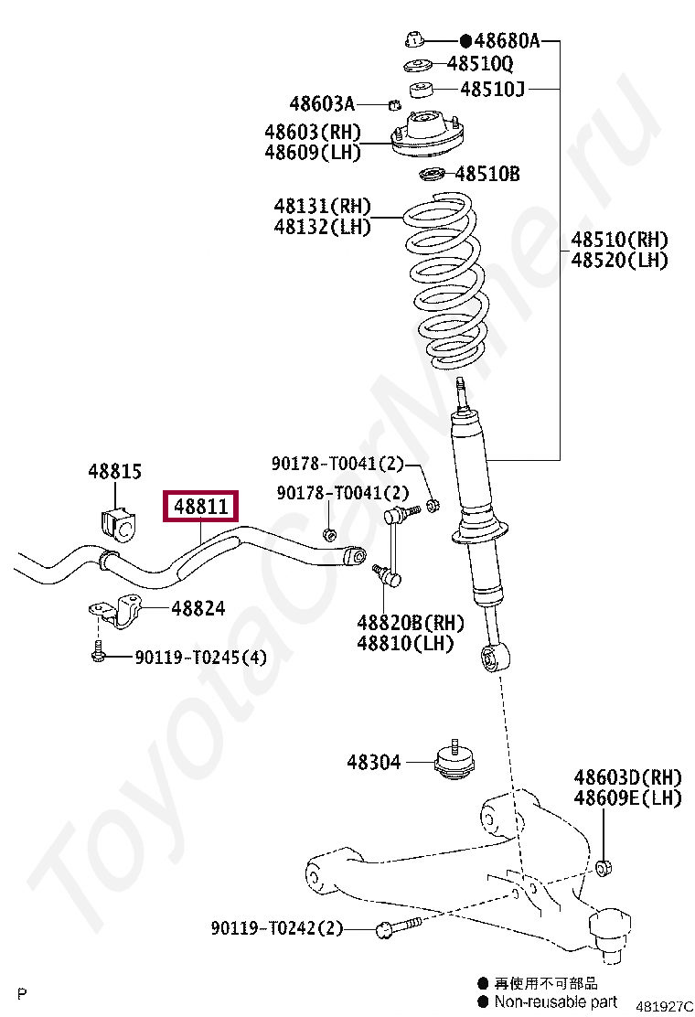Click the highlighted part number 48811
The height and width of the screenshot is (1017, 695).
pos(200,506)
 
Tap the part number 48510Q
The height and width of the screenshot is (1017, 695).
pos(479,64)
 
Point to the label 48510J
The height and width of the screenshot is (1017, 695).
pos(492,89)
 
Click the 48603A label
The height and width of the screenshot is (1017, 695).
pos(322,103)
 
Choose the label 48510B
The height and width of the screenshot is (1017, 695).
pos(487,173)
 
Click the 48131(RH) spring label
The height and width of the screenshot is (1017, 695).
pos(323,207)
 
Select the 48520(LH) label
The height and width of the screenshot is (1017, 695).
pos(620,261)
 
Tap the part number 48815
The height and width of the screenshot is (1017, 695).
pos(115,472)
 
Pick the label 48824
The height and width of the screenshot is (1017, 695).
pos(198,608)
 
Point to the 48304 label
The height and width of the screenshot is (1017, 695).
pos(373,761)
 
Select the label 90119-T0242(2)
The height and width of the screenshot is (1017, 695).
pos(276,928)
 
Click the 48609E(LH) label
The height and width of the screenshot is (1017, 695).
pos(627,798)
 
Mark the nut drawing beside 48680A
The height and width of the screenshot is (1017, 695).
pos(414,39)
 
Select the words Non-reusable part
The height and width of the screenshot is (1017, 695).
pos(555,1001)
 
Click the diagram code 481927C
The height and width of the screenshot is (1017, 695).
pos(664,1006)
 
